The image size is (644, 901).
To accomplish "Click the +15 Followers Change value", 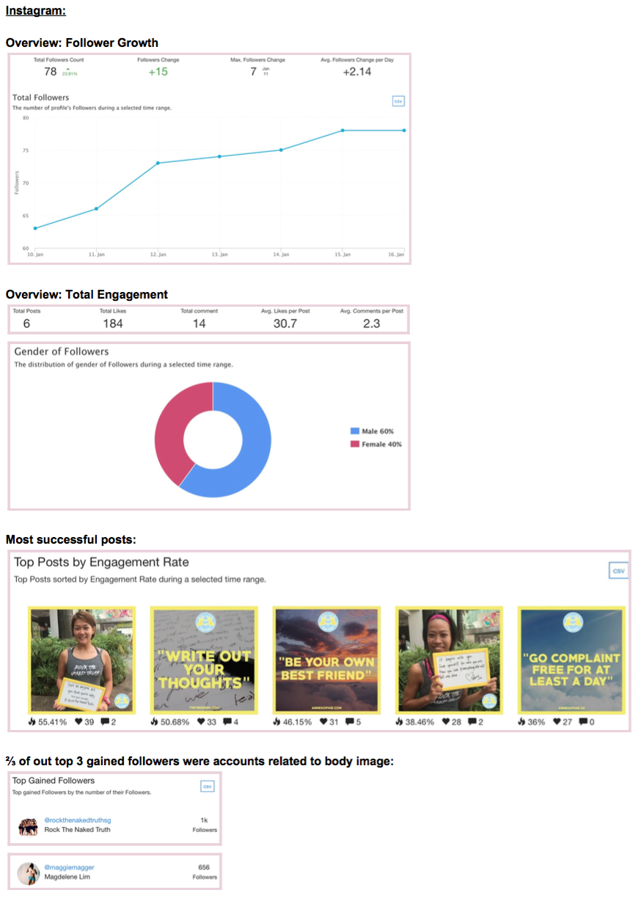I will pyautogui.click(x=158, y=71).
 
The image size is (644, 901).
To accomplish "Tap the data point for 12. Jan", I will pyautogui.click(x=158, y=163).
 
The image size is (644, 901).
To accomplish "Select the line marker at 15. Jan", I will pyautogui.click(x=342, y=131).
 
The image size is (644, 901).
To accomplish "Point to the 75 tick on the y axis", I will pyautogui.click(x=26, y=150).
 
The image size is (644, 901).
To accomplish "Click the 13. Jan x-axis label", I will pyautogui.click(x=219, y=254).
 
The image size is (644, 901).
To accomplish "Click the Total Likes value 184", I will pyautogui.click(x=113, y=324).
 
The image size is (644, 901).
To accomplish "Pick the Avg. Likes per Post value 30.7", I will pyautogui.click(x=285, y=324).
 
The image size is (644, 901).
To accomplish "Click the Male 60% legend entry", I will pyautogui.click(x=376, y=431).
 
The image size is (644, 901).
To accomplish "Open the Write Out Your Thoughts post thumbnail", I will pyautogui.click(x=204, y=660).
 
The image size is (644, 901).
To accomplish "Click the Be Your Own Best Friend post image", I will pyautogui.click(x=326, y=660).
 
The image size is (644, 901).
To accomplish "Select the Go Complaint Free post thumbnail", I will pyautogui.click(x=571, y=660).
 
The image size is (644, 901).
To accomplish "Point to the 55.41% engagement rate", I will pyautogui.click(x=52, y=722).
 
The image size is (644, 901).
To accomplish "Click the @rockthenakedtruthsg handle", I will pyautogui.click(x=78, y=820).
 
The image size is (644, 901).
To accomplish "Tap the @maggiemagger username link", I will pyautogui.click(x=69, y=867).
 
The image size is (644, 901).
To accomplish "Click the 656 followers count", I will pyautogui.click(x=205, y=867).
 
